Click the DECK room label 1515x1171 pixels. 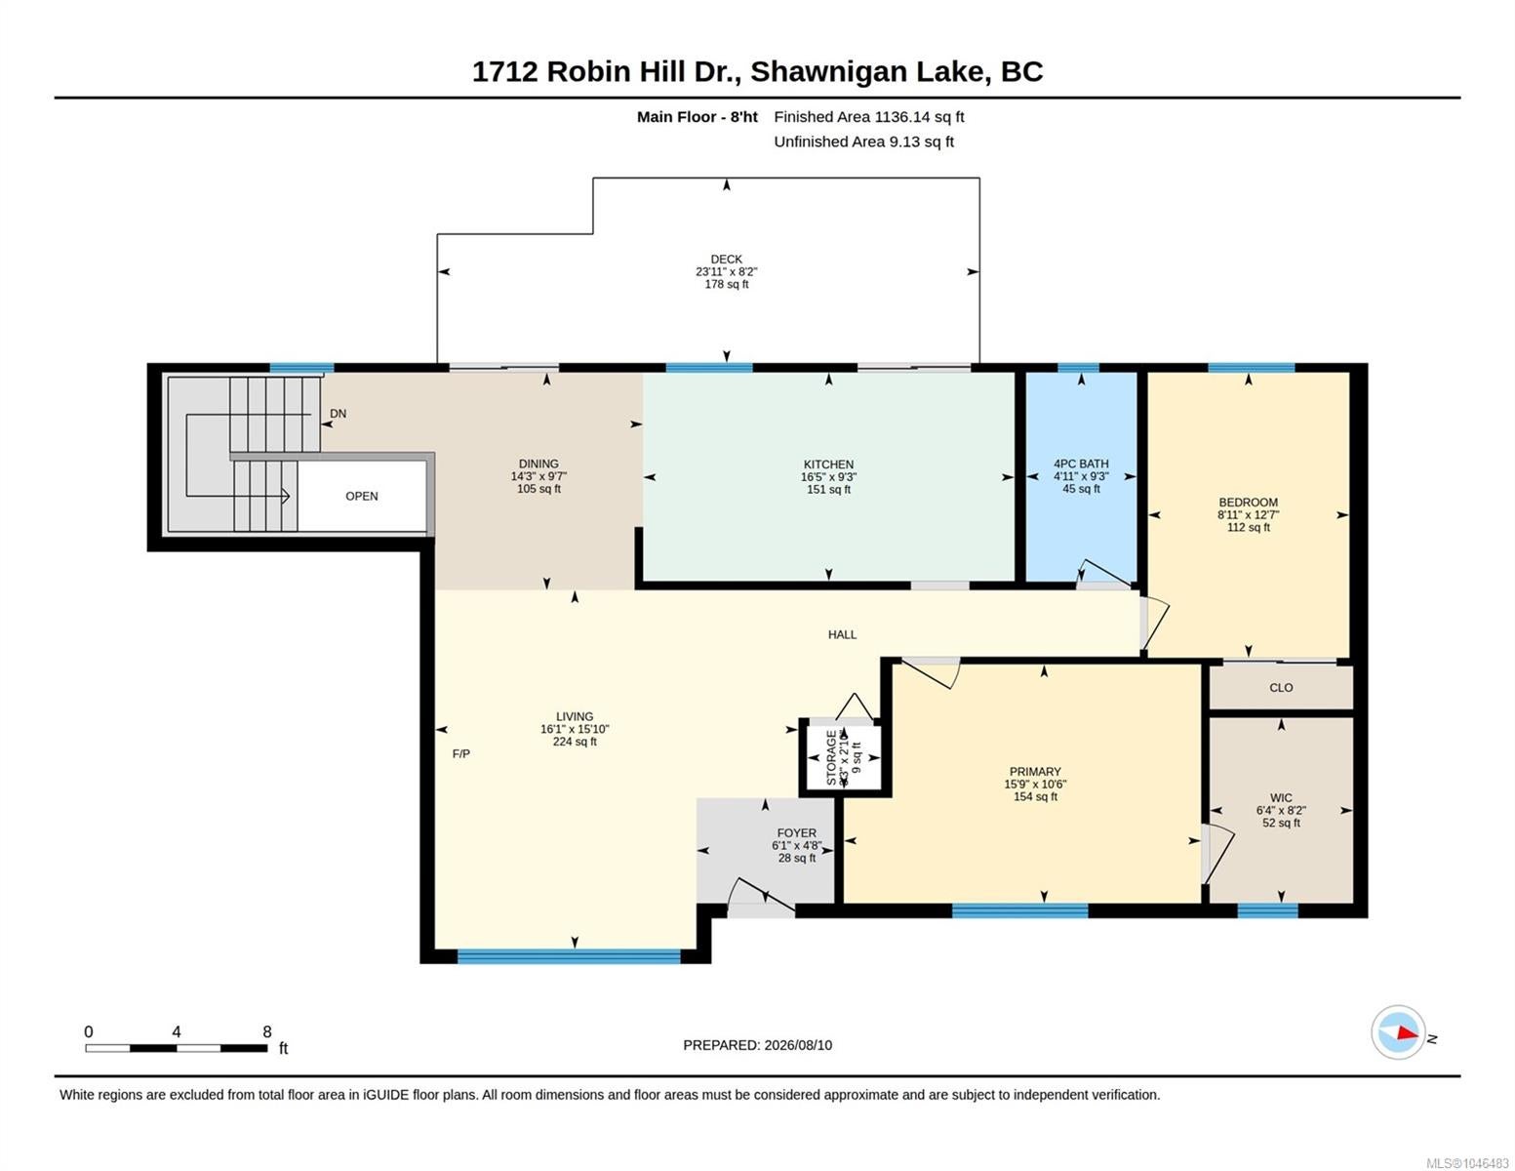pyautogui.click(x=726, y=259)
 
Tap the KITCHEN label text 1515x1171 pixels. pyautogui.click(x=828, y=464)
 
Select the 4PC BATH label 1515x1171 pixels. pyautogui.click(x=1081, y=464)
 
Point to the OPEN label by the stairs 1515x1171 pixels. pyautogui.click(x=361, y=496)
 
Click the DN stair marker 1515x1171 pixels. pyautogui.click(x=338, y=414)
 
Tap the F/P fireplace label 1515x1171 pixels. pyautogui.click(x=460, y=754)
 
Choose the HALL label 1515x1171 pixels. pyautogui.click(x=842, y=634)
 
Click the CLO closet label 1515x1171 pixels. pyautogui.click(x=1281, y=688)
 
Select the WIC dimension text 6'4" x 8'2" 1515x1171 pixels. pyautogui.click(x=1281, y=810)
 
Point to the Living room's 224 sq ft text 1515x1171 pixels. pyautogui.click(x=575, y=742)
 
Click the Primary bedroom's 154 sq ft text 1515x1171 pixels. pyautogui.click(x=1035, y=796)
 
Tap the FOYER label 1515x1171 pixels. pyautogui.click(x=796, y=832)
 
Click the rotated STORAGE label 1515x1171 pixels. pyautogui.click(x=831, y=757)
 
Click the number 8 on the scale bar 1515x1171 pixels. pyautogui.click(x=267, y=1031)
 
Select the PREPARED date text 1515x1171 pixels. pyautogui.click(x=757, y=1045)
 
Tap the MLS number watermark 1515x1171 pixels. pyautogui.click(x=1467, y=1163)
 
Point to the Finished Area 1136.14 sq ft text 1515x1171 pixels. pyautogui.click(x=868, y=117)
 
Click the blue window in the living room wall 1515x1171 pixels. pyautogui.click(x=568, y=956)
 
